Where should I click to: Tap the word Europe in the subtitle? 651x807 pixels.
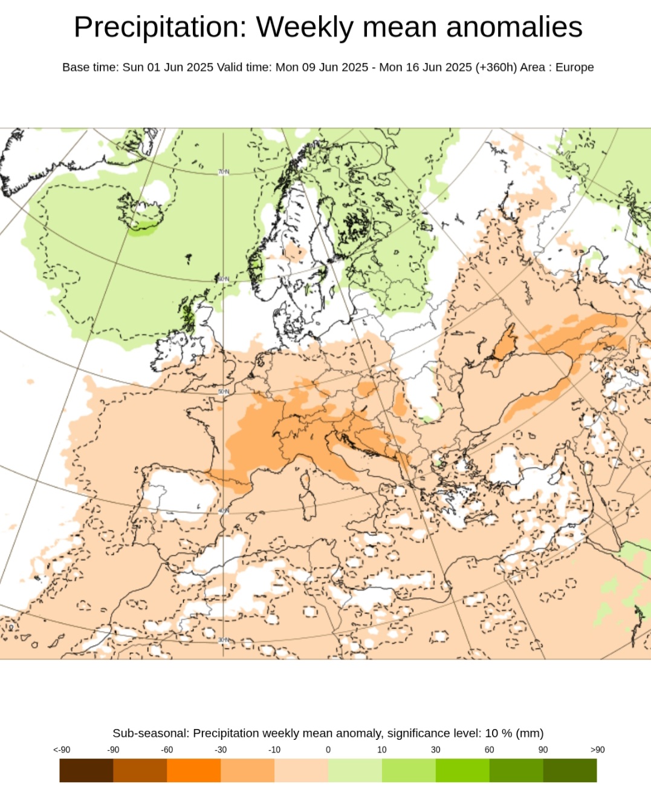pos(574,67)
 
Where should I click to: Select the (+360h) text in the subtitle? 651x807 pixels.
pos(496,67)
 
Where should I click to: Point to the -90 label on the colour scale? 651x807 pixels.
pos(113,750)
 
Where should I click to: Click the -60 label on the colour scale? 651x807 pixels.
pos(167,750)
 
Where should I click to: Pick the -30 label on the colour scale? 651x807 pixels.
pos(221,750)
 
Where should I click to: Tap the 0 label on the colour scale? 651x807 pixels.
pos(328,750)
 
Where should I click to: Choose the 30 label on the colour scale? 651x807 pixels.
pos(435,750)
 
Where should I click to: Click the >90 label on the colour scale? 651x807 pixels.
pos(597,750)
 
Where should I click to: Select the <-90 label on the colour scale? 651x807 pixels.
pos(62,750)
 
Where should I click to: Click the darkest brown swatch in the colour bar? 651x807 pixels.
pos(86,770)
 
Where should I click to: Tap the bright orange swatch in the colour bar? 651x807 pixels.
pos(193,770)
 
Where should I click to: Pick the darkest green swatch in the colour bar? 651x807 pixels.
pos(570,770)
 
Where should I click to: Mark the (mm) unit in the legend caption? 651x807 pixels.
pos(530,733)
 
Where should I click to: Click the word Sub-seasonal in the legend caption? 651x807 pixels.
pos(150,733)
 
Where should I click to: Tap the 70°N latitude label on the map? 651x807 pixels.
pos(224,172)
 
